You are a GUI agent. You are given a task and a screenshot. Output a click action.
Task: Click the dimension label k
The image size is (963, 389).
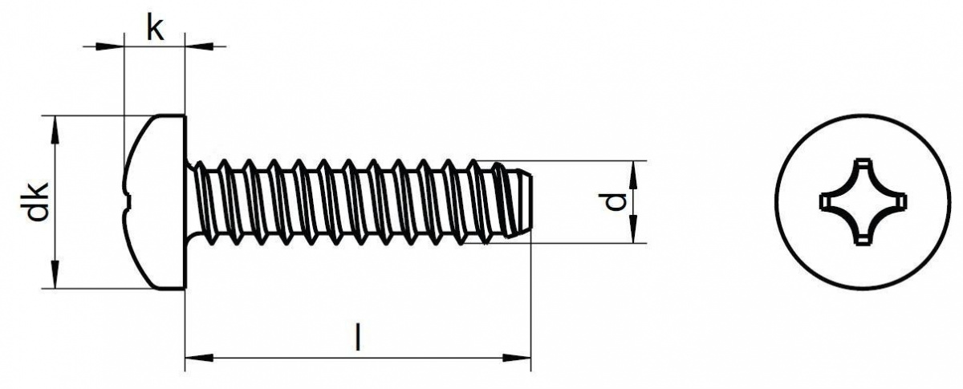tap(155, 27)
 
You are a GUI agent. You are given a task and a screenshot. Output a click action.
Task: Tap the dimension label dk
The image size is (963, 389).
tap(37, 201)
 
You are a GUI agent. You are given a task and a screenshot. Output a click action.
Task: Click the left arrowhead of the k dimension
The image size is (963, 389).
tap(109, 47)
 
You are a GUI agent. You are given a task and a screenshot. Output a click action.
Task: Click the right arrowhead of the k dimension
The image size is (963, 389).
tap(199, 47)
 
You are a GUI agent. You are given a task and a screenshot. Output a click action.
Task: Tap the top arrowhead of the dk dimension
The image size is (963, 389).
tap(55, 130)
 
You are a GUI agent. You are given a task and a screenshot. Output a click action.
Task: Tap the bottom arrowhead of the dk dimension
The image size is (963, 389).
tap(55, 274)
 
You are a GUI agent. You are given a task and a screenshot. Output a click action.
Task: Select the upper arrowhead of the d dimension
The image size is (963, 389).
tap(633, 176)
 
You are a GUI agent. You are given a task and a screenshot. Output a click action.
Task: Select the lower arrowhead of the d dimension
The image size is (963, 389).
tap(633, 229)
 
